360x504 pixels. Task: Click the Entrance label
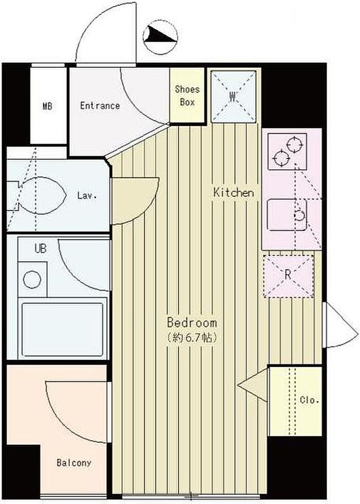coord(100,106)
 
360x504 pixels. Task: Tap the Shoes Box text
coord(187,96)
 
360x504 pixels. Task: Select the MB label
coord(47,106)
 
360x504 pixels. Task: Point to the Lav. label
coord(87,195)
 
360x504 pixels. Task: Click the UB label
coord(41,248)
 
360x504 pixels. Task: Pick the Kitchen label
coord(233,192)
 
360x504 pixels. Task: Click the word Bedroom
coord(192,322)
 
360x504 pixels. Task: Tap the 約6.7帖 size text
coord(192,337)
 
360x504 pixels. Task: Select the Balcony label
coord(74,463)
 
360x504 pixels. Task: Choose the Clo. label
coord(309,400)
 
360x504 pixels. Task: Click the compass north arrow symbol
coord(160,36)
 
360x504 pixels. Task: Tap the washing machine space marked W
coord(233,97)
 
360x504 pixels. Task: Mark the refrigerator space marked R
coord(289,276)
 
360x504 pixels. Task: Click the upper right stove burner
coord(295,145)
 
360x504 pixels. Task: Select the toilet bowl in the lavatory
coord(42,195)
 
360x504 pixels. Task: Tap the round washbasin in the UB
coord(32,279)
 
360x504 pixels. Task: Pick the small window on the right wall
coord(340,325)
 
